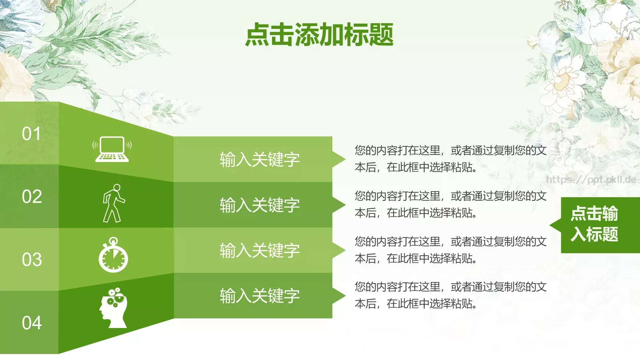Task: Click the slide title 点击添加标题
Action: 319,35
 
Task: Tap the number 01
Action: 32,134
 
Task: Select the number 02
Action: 32,196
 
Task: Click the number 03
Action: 32,260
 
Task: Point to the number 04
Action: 32,322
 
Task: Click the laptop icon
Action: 112,150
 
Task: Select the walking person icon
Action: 113,203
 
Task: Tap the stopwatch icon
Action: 113,255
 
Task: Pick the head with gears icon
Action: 113,307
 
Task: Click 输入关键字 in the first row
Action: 260,159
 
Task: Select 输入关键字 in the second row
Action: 260,205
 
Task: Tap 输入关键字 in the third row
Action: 260,250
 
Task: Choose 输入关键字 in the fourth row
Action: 260,296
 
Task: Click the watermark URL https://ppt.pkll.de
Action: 591,179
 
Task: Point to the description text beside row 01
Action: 450,159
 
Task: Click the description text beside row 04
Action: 450,295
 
